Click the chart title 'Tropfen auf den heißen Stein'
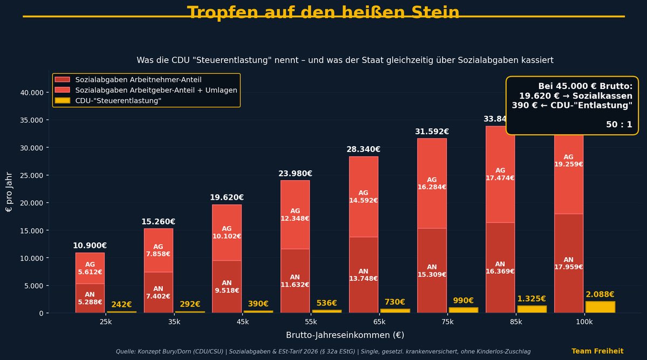pyautogui.click(x=323, y=12)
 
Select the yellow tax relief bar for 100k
pyautogui.click(x=600, y=307)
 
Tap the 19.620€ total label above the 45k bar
pyautogui.click(x=226, y=198)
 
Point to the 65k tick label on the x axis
pyautogui.click(x=379, y=322)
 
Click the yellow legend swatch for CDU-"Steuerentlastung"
pyautogui.click(x=62, y=101)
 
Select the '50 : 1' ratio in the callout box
pyautogui.click(x=618, y=124)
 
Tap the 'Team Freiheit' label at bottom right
pyautogui.click(x=597, y=351)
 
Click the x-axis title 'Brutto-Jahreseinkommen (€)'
pyautogui.click(x=345, y=335)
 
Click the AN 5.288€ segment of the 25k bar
pyautogui.click(x=90, y=298)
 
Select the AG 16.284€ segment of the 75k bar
pyautogui.click(x=432, y=183)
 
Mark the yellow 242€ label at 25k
pyautogui.click(x=121, y=304)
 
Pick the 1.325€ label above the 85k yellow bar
pyautogui.click(x=531, y=299)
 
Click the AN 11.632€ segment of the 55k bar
pyautogui.click(x=295, y=281)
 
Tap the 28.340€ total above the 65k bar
pyautogui.click(x=363, y=149)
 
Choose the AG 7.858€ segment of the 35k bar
pyautogui.click(x=158, y=250)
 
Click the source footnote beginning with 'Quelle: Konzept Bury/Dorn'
pyautogui.click(x=323, y=351)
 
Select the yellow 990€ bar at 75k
pyautogui.click(x=463, y=310)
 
